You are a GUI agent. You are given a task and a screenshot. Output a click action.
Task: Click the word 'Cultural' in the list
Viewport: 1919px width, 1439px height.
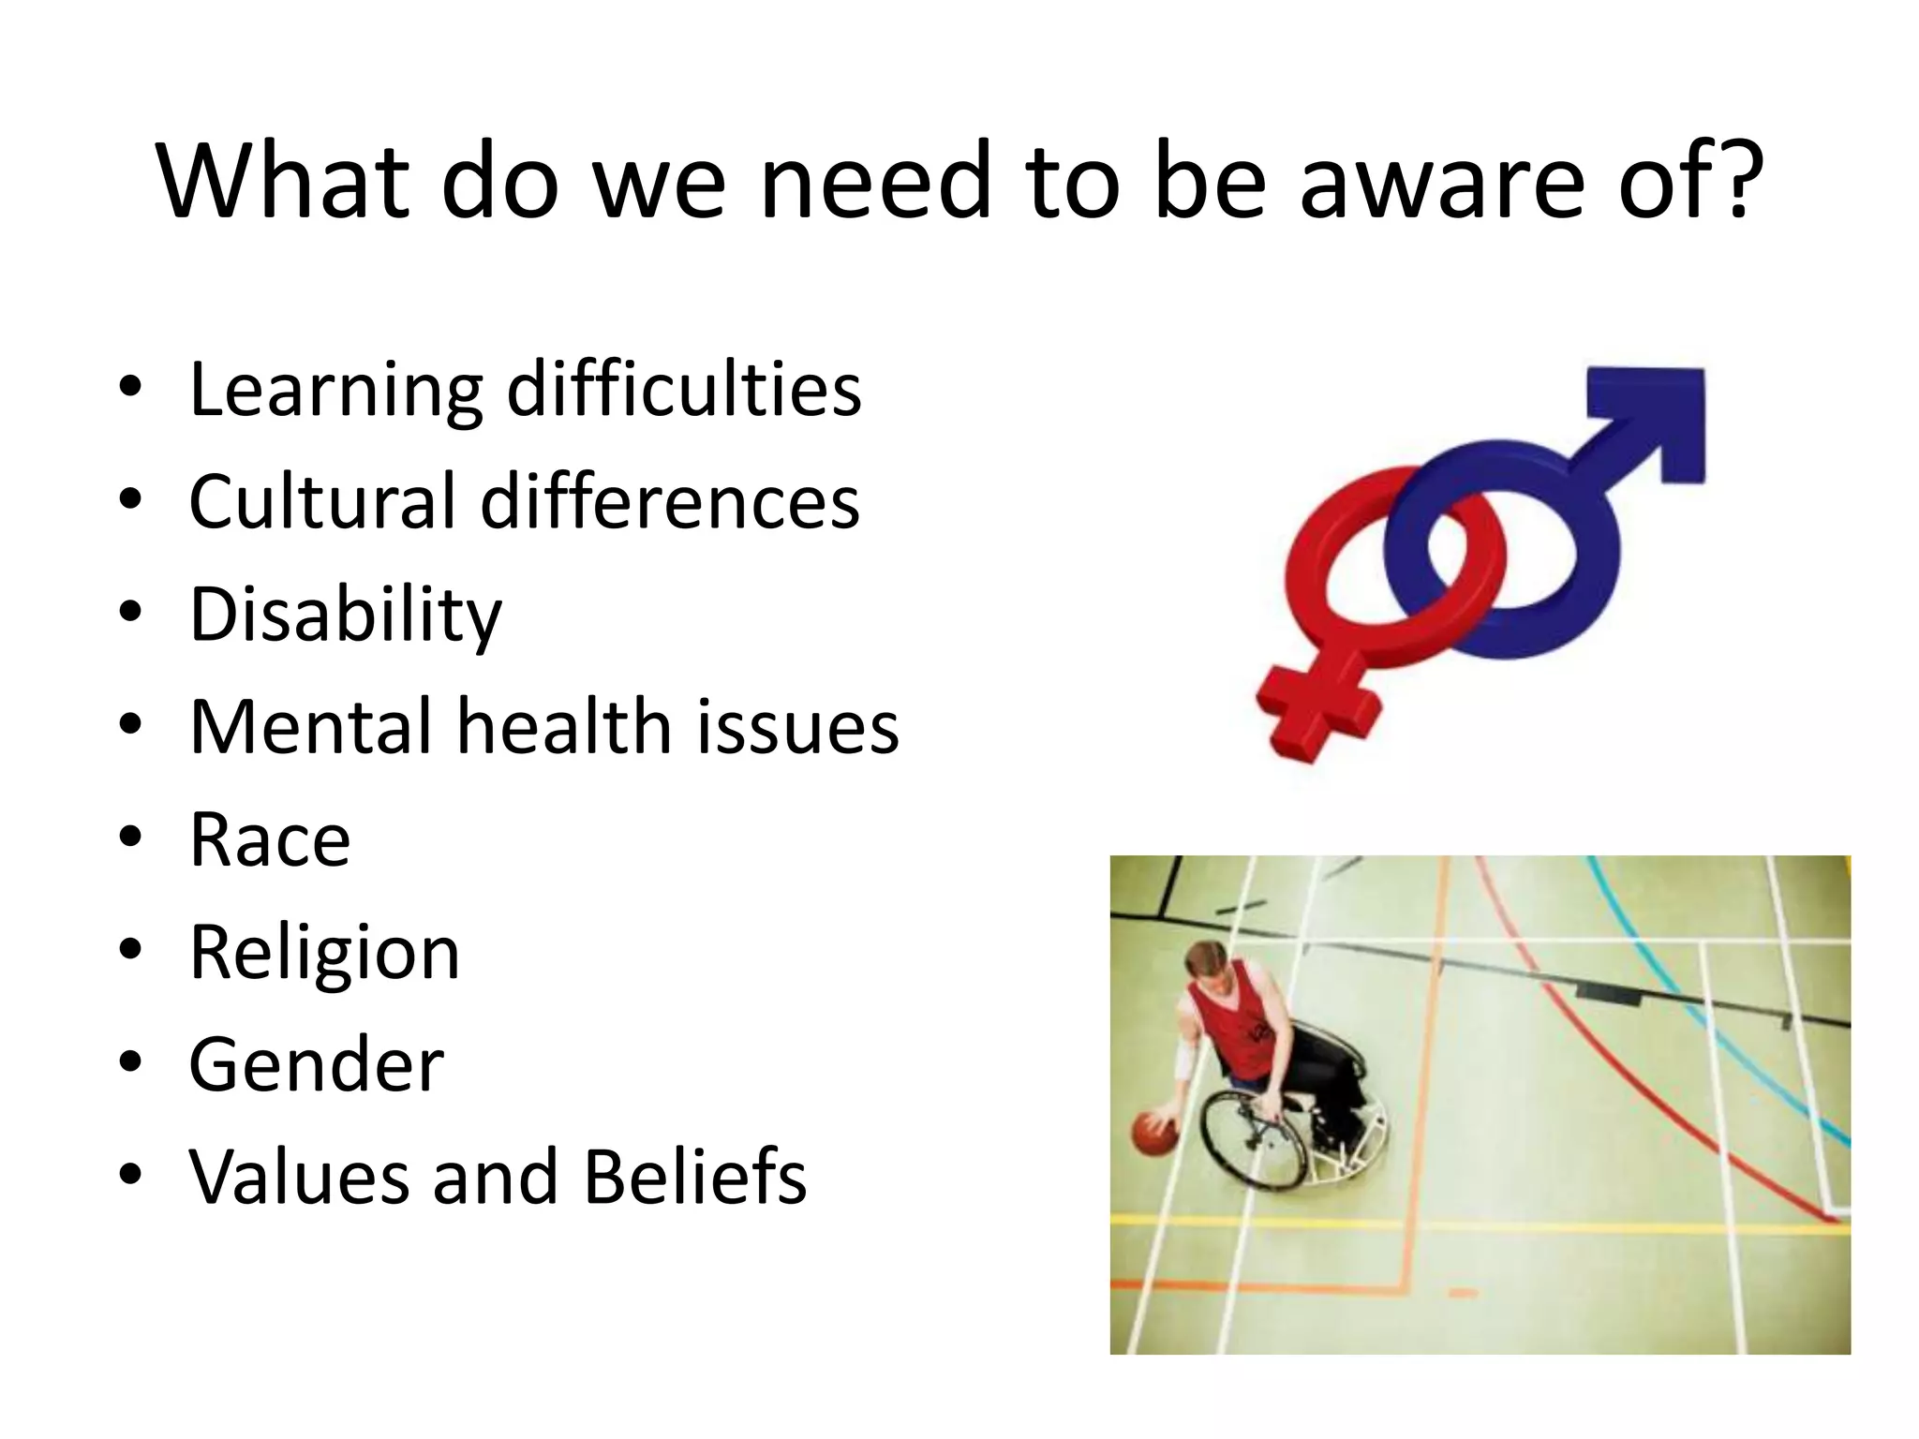pyautogui.click(x=322, y=501)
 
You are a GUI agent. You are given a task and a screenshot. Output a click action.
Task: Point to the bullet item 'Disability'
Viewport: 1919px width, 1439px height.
pyautogui.click(x=346, y=615)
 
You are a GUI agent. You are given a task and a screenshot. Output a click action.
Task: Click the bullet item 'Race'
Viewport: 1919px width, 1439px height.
pyautogui.click(x=270, y=839)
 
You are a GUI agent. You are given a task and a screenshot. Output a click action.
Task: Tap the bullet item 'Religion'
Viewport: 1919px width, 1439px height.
pyautogui.click(x=324, y=953)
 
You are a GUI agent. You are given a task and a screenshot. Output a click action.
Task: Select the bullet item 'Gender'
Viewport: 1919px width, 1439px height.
pyautogui.click(x=316, y=1065)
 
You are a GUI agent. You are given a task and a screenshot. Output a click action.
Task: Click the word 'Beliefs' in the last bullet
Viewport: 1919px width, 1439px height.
pyautogui.click(x=694, y=1177)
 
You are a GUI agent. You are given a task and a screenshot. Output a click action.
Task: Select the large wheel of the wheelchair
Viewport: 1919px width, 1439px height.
pyautogui.click(x=1251, y=1138)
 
